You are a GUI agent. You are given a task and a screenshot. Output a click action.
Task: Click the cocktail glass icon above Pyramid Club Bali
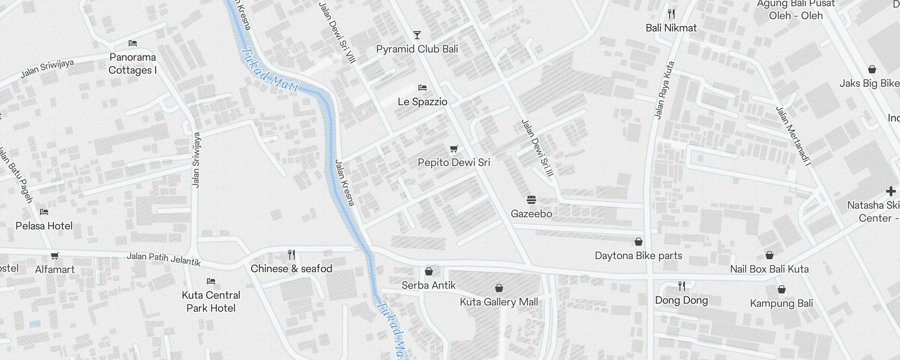tap(417, 35)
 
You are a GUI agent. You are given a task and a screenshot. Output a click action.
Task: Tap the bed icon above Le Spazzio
tap(422, 87)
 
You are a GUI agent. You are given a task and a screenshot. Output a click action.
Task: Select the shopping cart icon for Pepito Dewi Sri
tap(454, 148)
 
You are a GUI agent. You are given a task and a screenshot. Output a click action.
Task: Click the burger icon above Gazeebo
tap(531, 199)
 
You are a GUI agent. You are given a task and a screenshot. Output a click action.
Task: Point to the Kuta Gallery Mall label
tap(499, 302)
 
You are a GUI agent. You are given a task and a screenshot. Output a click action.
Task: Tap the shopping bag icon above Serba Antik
tap(429, 271)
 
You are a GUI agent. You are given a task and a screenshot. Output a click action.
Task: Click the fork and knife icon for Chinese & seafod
tap(292, 255)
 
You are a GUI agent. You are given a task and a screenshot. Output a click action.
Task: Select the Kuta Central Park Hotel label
tap(211, 301)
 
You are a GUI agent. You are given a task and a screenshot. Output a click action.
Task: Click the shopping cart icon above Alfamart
tap(55, 256)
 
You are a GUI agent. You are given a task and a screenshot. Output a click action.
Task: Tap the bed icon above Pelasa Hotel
tap(44, 212)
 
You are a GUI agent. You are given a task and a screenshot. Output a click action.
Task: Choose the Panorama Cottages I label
tap(133, 63)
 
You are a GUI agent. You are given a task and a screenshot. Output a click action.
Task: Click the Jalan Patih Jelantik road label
tap(163, 259)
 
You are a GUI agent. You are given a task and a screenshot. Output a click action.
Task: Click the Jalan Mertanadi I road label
tap(793, 136)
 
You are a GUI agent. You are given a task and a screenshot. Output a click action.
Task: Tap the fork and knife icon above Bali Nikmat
tap(671, 14)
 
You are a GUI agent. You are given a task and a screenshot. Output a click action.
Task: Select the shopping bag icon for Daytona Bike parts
tap(638, 242)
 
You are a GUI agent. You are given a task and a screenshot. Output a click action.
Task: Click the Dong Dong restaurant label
tap(681, 300)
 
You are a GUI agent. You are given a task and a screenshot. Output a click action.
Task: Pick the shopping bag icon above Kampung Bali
tap(782, 289)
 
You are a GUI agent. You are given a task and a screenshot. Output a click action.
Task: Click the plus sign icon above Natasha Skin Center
tap(891, 191)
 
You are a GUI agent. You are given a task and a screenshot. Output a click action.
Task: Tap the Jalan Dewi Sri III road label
tap(537, 148)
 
